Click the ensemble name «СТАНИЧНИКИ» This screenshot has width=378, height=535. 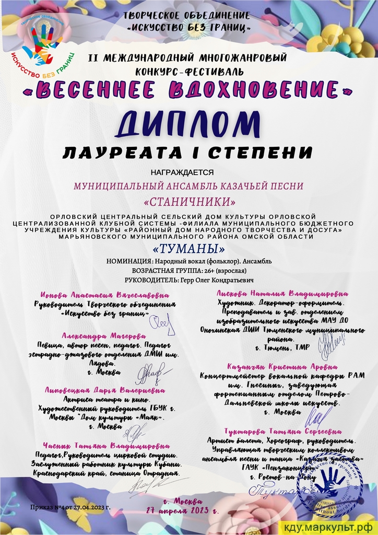click(x=188, y=201)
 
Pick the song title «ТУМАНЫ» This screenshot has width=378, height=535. click(x=188, y=248)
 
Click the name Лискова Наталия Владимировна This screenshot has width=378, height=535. click(x=277, y=294)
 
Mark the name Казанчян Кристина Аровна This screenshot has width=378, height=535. click(x=282, y=367)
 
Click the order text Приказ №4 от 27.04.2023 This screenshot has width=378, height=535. click(x=71, y=507)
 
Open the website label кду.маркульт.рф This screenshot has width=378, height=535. click(x=330, y=527)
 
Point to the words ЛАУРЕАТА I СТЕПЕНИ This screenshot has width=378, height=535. click(x=188, y=153)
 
